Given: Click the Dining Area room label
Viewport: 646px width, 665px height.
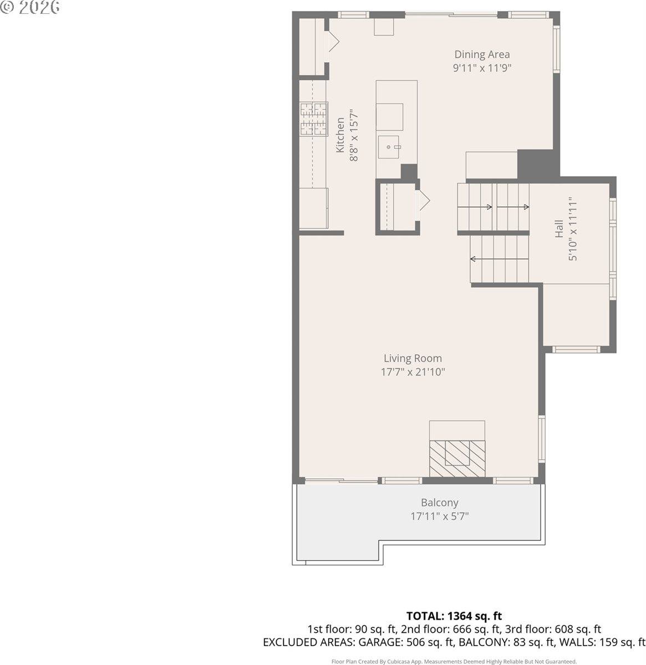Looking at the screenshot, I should click(482, 54).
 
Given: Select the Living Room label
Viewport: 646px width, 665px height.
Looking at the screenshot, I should click(413, 359).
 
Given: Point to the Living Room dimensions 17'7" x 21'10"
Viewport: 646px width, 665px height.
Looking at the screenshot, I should click(413, 372).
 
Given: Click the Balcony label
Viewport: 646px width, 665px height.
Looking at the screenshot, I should click(439, 503).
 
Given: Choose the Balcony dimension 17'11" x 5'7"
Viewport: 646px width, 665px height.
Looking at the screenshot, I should click(439, 516).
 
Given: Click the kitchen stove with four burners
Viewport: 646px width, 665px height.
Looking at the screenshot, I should click(314, 119).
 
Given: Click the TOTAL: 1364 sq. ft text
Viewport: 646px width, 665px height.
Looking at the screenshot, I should click(454, 616).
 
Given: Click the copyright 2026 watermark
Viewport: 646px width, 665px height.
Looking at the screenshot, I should click(30, 8).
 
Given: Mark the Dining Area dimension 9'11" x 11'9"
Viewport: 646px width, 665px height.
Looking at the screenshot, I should click(482, 68).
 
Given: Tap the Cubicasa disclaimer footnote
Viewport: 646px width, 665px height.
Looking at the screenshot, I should click(454, 661).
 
